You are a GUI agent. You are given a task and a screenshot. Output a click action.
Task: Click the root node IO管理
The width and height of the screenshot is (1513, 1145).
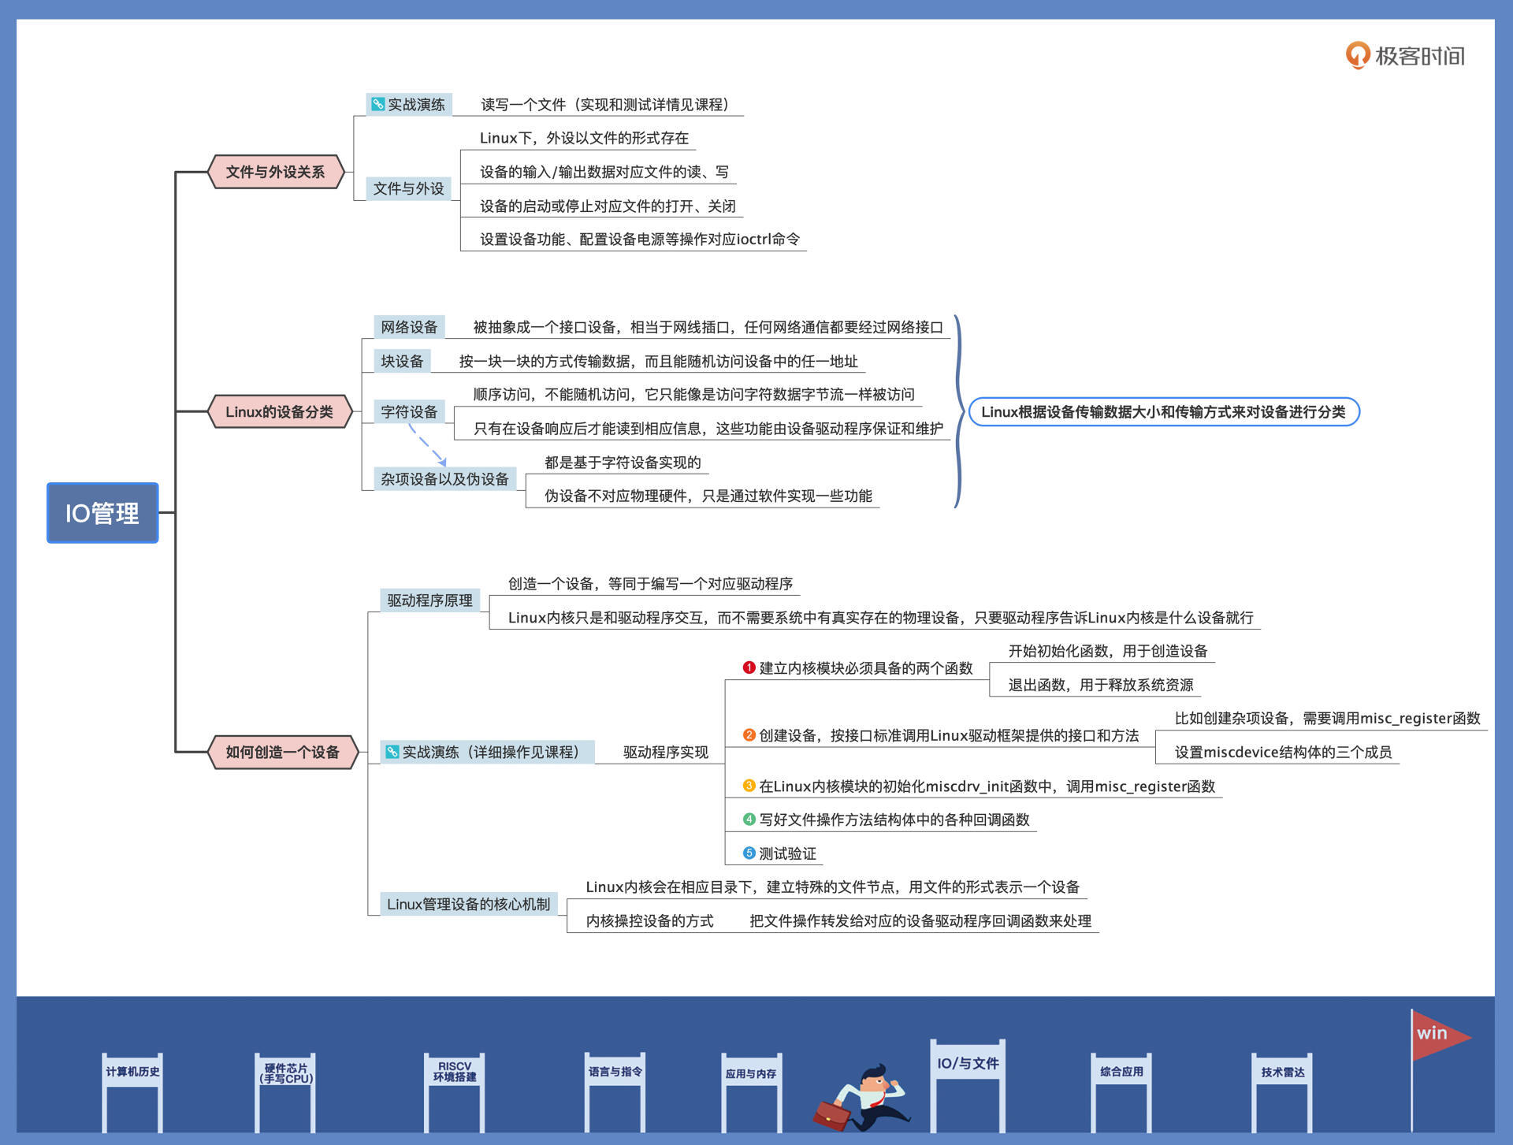(102, 513)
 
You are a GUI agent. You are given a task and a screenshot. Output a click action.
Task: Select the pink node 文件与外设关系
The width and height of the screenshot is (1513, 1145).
(275, 172)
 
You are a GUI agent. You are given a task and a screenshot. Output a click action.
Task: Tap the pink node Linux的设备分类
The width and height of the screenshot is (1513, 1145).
(279, 411)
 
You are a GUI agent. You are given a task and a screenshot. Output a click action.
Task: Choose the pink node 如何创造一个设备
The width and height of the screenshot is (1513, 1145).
(282, 752)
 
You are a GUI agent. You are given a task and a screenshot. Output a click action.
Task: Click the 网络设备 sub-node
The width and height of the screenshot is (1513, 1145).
(409, 327)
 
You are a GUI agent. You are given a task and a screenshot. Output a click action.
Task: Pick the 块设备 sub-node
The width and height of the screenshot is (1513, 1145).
(402, 361)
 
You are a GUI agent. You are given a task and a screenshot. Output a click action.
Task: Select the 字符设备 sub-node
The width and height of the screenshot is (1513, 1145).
(409, 411)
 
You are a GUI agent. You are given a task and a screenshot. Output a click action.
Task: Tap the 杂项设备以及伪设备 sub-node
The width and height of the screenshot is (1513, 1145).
(444, 478)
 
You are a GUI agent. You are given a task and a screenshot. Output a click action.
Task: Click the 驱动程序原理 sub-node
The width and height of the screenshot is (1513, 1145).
(429, 600)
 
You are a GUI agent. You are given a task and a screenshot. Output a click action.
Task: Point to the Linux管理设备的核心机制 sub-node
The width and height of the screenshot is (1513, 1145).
(468, 904)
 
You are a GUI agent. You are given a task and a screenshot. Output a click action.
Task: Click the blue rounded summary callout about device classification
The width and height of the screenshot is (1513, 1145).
(1163, 411)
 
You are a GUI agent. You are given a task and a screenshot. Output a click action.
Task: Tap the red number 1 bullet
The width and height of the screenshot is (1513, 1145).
(749, 667)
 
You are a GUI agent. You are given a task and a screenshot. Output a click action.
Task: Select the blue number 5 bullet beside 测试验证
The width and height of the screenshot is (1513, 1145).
(749, 853)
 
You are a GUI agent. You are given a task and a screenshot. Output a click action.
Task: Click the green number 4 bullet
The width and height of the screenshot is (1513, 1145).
(749, 820)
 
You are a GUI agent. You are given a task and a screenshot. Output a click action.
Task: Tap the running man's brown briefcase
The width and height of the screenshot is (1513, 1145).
(831, 1114)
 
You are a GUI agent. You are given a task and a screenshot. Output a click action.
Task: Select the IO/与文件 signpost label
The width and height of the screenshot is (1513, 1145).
(968, 1063)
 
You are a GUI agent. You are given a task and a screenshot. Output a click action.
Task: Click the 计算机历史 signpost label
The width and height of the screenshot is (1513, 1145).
(132, 1072)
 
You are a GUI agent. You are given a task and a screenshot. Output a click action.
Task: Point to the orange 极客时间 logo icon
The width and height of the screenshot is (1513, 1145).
(1357, 55)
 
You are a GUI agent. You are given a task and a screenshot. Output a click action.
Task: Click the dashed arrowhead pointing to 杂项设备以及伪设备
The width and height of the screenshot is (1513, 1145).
(443, 462)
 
